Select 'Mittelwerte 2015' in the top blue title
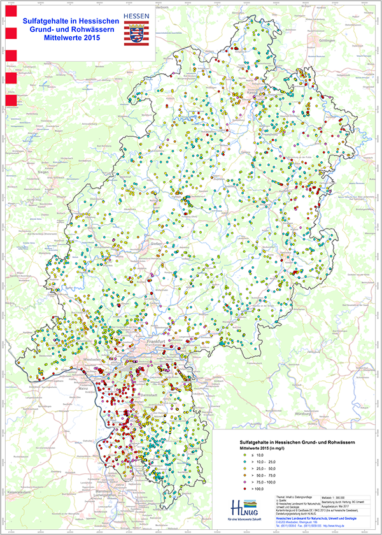click(72, 38)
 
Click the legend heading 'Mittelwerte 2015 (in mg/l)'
click(261, 448)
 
